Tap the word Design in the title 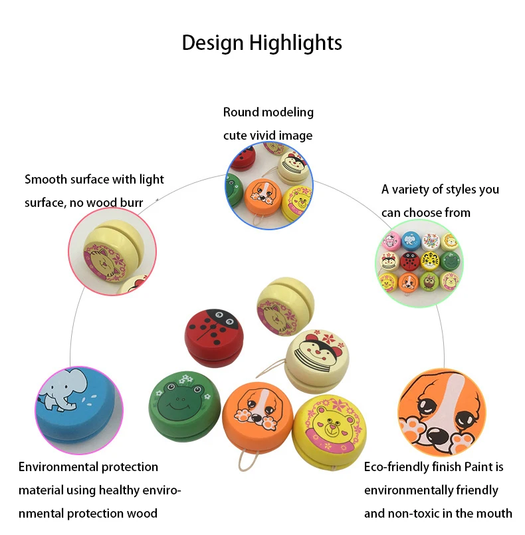pos(213,43)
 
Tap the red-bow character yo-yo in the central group pos(318,362)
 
